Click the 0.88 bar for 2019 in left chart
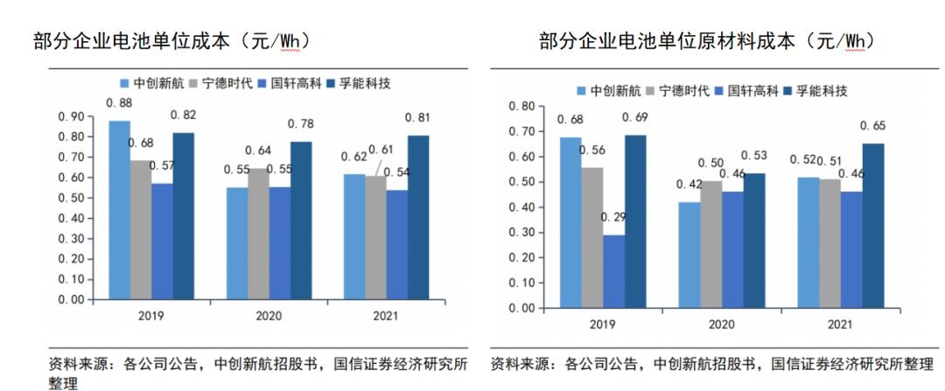click(119, 210)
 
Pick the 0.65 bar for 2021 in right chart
click(872, 226)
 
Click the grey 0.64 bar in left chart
click(258, 234)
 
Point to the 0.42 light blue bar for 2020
click(689, 255)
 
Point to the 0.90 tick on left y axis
click(71, 117)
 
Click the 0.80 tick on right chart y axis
click(521, 107)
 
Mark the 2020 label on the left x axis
click(269, 316)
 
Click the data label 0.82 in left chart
click(183, 115)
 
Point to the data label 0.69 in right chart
click(634, 117)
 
